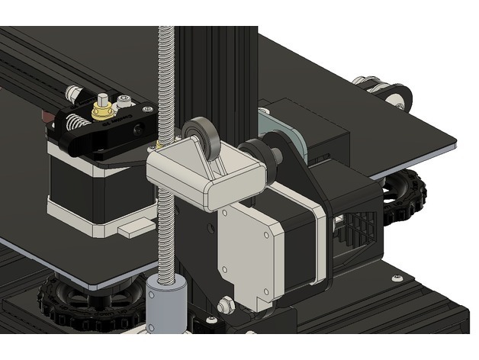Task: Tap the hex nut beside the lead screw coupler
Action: [226, 306]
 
